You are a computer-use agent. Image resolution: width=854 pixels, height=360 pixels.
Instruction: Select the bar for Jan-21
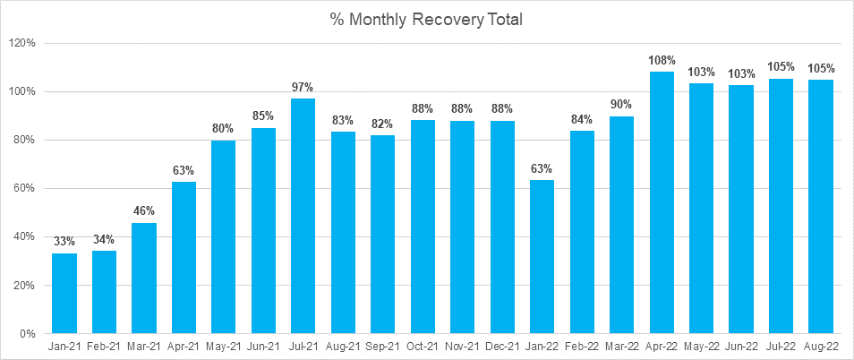(64, 294)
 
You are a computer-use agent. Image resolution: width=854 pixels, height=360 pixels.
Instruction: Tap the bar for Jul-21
(303, 216)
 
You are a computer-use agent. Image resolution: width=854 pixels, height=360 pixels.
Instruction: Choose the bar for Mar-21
(144, 278)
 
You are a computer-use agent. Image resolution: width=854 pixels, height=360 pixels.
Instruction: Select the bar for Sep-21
(383, 234)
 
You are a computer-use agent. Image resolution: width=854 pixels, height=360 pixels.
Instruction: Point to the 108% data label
(662, 60)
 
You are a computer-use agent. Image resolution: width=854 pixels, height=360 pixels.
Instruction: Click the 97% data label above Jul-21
(303, 87)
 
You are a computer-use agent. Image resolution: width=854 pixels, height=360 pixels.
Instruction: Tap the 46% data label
(144, 211)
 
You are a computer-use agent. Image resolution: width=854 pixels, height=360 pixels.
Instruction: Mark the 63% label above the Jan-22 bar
(542, 168)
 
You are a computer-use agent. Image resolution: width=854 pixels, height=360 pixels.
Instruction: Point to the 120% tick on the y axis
(21, 43)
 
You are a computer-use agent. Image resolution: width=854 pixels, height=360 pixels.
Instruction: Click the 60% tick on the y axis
(24, 189)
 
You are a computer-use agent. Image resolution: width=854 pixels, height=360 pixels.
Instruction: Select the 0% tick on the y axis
(27, 334)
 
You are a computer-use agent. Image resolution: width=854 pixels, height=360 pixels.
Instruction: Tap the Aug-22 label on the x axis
(821, 347)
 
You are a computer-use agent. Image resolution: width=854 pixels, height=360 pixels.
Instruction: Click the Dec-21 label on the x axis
(502, 347)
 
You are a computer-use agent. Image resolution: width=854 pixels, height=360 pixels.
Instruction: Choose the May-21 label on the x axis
(224, 347)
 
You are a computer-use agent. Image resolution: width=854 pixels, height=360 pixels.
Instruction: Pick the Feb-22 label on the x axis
(582, 347)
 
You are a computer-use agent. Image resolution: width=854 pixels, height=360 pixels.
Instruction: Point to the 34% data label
(104, 239)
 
